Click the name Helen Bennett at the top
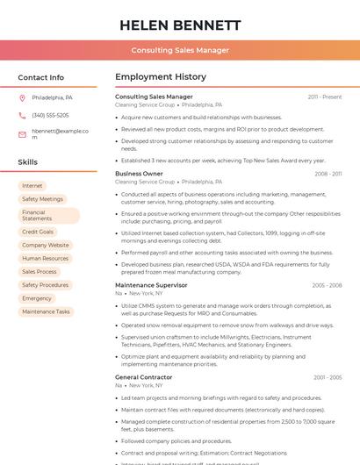tap(179, 25)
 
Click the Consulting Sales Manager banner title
tap(179, 50)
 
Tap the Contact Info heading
tap(40, 77)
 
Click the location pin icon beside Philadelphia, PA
tap(22, 97)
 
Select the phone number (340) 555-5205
tap(50, 115)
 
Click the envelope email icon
tap(22, 134)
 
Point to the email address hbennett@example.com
tap(60, 133)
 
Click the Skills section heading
tap(28, 162)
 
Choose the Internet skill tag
tap(32, 186)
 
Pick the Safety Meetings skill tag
tap(42, 199)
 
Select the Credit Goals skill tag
tap(38, 232)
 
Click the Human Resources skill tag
tap(45, 258)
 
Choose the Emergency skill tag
tap(37, 298)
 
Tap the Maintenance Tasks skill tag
tap(46, 311)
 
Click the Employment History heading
tap(161, 77)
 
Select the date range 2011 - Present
tap(325, 97)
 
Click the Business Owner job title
tap(139, 174)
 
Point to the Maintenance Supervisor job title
tap(151, 285)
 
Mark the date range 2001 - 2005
tap(327, 377)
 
